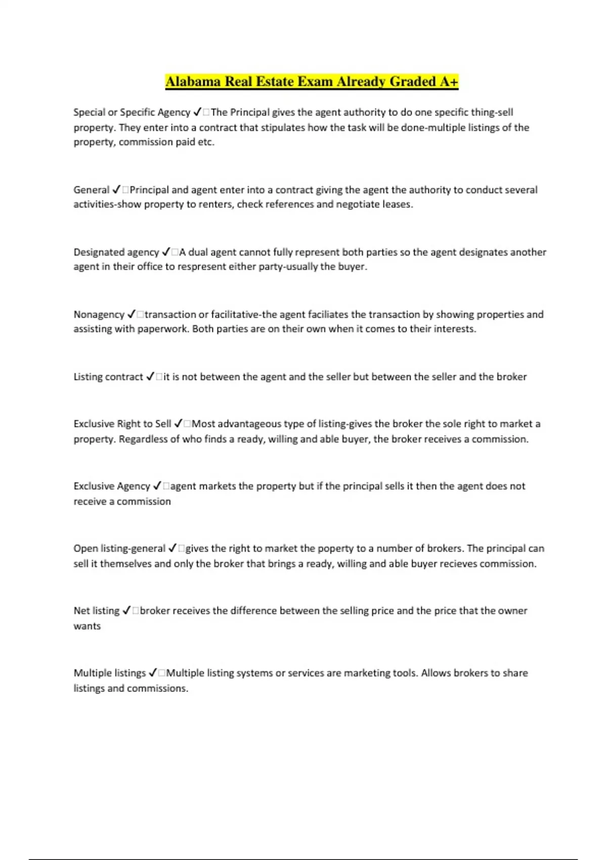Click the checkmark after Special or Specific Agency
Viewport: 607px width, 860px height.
[x=197, y=112]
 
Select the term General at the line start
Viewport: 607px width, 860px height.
[x=91, y=190]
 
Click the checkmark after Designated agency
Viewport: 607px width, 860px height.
[x=166, y=252]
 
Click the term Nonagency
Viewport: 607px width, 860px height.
[x=99, y=315]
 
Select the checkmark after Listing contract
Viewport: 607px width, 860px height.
[x=150, y=377]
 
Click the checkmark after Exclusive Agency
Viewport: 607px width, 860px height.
[x=157, y=486]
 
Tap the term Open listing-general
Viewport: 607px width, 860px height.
[x=119, y=548]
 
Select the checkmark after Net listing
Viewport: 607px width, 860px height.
[x=126, y=611]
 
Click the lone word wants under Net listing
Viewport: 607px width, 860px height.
[x=87, y=626]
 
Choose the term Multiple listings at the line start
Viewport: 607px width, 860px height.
[x=109, y=673]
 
